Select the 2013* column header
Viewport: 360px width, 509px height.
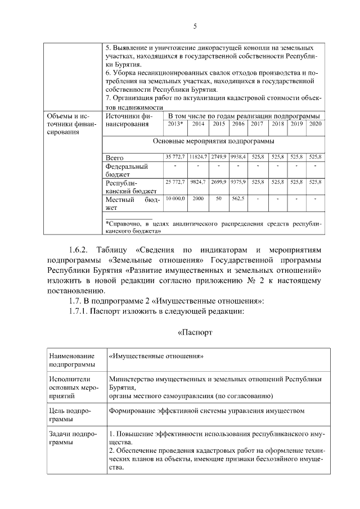click(175, 124)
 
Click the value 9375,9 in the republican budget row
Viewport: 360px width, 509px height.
click(238, 182)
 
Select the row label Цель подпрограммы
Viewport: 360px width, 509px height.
click(66, 415)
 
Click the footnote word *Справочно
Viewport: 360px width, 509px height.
click(126, 224)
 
